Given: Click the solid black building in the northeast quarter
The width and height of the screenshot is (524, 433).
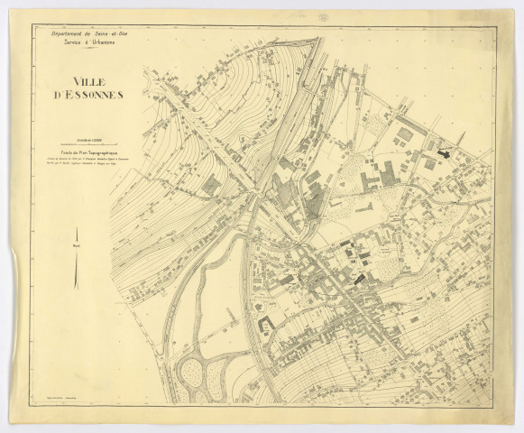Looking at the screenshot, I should click(x=442, y=154).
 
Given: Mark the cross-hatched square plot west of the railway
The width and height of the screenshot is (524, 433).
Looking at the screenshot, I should click(x=212, y=185).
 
